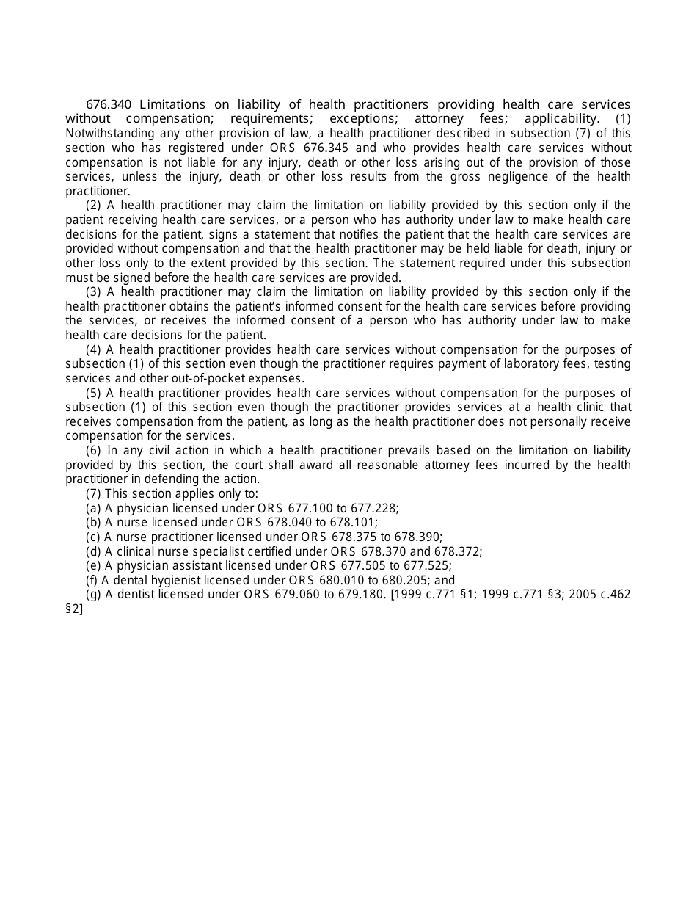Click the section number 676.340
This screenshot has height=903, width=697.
click(x=109, y=104)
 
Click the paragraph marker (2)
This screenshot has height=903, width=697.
click(x=93, y=206)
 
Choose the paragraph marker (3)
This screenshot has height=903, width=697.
click(x=93, y=292)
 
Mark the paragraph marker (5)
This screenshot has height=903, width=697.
click(x=93, y=394)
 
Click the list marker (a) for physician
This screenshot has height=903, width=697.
click(x=93, y=509)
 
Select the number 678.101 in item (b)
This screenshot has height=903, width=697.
click(x=354, y=523)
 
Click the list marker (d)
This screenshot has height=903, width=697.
click(x=93, y=552)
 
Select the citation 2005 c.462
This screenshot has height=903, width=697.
click(x=594, y=595)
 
